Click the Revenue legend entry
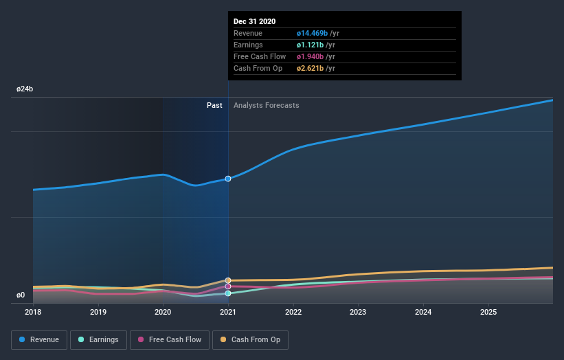pos(39,339)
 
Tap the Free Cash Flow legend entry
pos(170,339)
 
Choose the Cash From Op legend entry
pos(251,339)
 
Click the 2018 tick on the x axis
pos(33,312)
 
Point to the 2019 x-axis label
pos(98,312)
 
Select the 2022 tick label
pos(293,312)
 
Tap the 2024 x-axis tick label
pos(423,312)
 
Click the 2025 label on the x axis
pos(488,312)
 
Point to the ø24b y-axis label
pos(25,89)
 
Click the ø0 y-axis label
pos(21,295)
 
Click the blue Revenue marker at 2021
pos(228,179)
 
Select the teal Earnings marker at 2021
pos(228,293)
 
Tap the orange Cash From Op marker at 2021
pos(228,280)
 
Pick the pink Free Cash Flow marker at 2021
pos(228,286)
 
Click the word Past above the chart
pos(214,105)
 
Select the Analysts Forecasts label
pos(266,105)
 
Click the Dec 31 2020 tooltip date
pos(254,21)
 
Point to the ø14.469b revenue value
pos(311,33)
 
